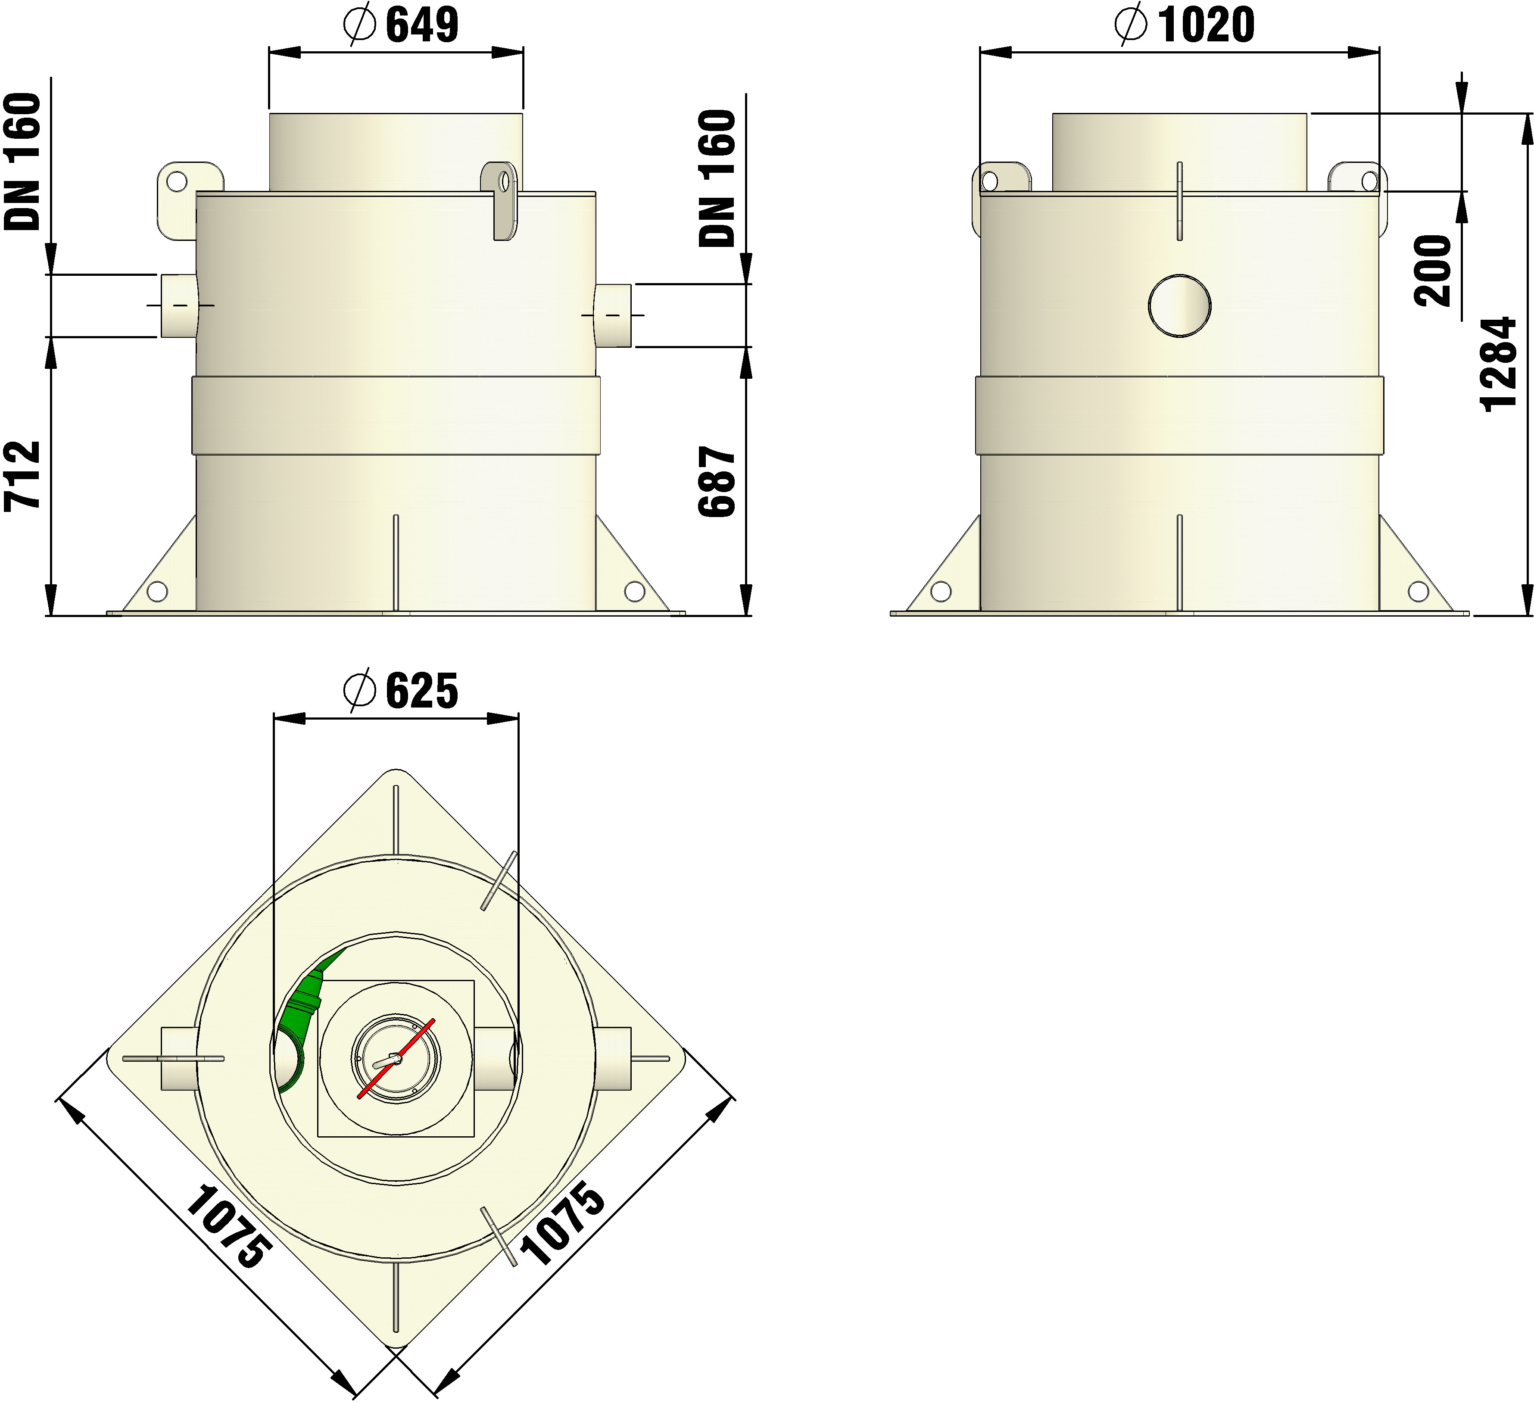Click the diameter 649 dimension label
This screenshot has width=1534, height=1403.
pyautogui.click(x=401, y=25)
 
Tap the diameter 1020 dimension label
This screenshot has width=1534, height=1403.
pyautogui.click(x=1185, y=25)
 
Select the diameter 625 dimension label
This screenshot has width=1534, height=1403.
pyautogui.click(x=401, y=691)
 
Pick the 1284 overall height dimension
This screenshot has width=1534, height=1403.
pyautogui.click(x=1500, y=364)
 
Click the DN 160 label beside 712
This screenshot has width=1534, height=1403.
pyautogui.click(x=23, y=161)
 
